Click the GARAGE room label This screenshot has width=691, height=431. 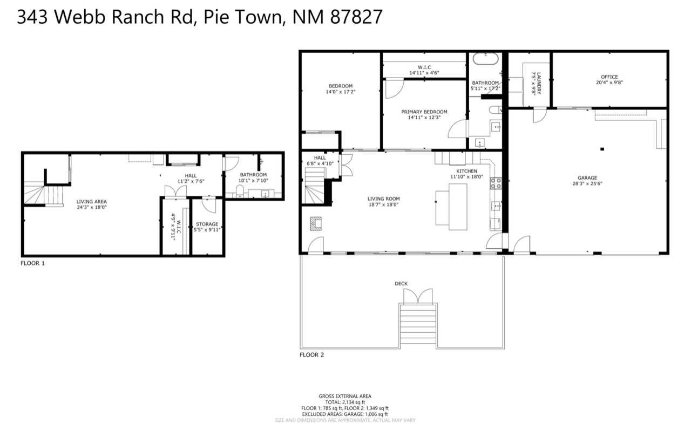587,177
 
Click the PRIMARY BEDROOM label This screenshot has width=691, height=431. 425,112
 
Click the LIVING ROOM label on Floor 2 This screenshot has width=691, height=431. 384,199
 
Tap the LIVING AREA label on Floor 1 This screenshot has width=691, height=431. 92,201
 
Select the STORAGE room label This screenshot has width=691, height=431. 207,224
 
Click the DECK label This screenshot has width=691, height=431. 401,283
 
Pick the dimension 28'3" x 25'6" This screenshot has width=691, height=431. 587,183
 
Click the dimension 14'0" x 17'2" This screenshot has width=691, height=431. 340,92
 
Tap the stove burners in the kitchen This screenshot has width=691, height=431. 496,183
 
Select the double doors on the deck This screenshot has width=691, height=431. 418,296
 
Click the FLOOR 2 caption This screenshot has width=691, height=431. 312,355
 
